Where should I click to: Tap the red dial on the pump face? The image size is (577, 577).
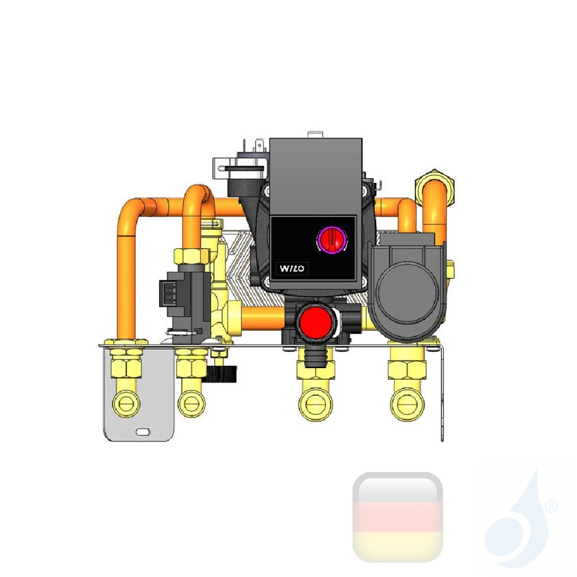click(331, 238)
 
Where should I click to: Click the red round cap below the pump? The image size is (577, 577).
click(314, 320)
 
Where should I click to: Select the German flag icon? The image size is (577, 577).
click(398, 517)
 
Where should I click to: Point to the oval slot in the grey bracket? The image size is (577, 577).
click(141, 431)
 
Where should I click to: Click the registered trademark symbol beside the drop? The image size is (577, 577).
click(551, 507)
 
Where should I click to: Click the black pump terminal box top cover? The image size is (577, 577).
click(316, 170)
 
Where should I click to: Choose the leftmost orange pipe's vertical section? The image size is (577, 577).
click(126, 277)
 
